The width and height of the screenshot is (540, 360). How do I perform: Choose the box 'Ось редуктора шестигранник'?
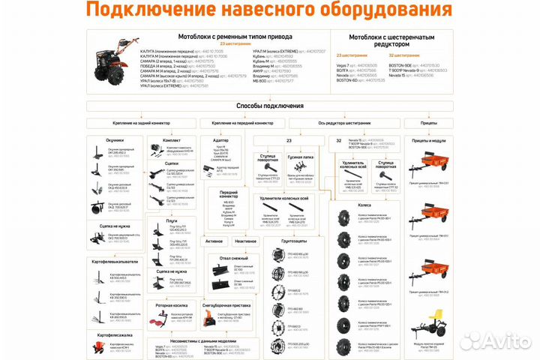click(x=344, y=122)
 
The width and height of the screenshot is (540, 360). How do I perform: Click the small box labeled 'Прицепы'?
click(x=429, y=122)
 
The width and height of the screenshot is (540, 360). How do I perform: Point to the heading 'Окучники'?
click(x=114, y=139)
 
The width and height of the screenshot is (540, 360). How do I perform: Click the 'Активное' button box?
click(x=214, y=241)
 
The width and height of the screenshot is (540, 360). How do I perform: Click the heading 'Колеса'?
click(x=364, y=203)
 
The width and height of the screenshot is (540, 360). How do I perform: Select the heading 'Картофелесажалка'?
click(x=115, y=332)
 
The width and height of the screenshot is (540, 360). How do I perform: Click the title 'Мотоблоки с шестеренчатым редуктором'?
click(x=393, y=40)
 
